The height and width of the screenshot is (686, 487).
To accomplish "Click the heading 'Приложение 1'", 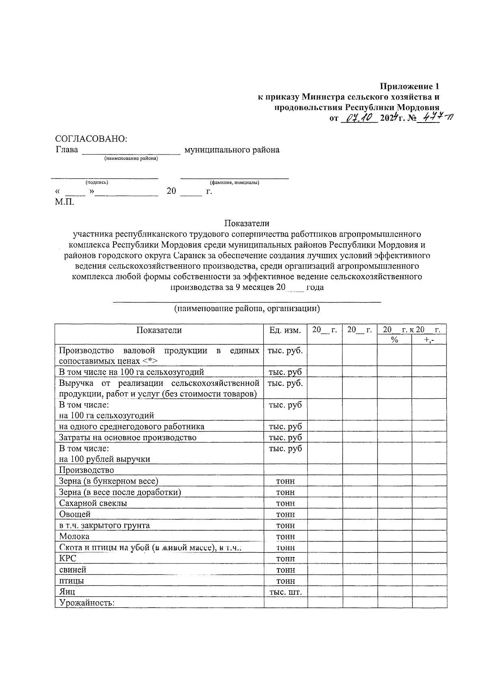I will [409, 86].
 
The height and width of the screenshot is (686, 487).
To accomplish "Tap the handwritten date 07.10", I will [359, 118].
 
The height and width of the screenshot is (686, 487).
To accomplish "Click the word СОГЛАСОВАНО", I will [91, 139].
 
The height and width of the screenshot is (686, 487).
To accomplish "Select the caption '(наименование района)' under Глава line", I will [131, 159].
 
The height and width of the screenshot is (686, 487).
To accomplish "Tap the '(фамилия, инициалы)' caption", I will [235, 183].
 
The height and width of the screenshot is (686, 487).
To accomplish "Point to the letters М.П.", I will [65, 202].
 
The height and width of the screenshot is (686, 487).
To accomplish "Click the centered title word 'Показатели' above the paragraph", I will [247, 223].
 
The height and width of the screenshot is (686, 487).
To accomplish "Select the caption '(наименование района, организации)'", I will [247, 309].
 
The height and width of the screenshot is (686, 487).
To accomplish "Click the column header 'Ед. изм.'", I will [285, 330].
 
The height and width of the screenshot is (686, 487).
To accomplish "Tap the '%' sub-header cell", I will [394, 340].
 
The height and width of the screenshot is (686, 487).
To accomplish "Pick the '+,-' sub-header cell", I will [429, 340].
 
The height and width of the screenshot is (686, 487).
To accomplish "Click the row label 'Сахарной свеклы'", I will [93, 503].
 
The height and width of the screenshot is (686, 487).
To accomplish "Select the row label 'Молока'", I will [74, 536].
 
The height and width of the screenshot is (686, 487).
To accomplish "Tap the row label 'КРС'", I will [67, 559].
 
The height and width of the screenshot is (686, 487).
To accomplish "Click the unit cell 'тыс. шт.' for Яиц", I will [286, 592].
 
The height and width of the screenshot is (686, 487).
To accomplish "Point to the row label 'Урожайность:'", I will [87, 603].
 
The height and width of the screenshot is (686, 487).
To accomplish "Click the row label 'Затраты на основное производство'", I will [128, 437].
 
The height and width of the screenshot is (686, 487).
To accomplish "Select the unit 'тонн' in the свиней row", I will [286, 570].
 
